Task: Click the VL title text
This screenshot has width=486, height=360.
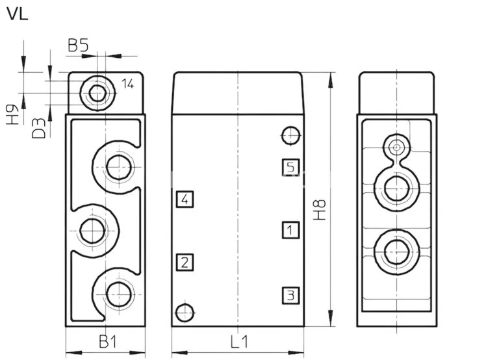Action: coord(18,14)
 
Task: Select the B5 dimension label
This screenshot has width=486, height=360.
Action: coord(78,45)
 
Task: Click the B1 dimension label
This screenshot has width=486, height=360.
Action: coord(107,340)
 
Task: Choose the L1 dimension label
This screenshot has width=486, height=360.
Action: coord(238,340)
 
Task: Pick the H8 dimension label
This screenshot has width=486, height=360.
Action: coord(320,209)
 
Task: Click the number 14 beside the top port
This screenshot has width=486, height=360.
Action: coord(127,83)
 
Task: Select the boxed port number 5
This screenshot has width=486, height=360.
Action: coord(290,167)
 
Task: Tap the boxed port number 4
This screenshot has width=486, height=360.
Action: coord(185,199)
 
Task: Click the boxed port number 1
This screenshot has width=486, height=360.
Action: coord(290,230)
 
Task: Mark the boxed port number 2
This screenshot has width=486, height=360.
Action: coord(185,263)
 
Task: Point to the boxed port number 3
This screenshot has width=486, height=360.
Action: coord(290,296)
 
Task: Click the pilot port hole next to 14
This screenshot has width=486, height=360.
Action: coord(97,94)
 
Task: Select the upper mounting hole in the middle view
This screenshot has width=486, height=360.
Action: coord(290,135)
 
